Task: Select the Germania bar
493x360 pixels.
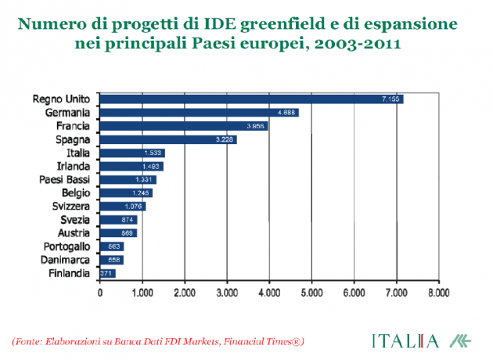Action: click(199, 113)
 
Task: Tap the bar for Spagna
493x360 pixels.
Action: click(168, 139)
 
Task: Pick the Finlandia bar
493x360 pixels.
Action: click(108, 273)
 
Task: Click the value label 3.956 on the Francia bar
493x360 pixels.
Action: click(255, 126)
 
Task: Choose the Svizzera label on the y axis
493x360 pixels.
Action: click(72, 206)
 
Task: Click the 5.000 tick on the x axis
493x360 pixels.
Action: click(311, 294)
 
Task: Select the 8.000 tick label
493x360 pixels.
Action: click(439, 294)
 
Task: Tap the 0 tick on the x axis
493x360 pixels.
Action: click(100, 294)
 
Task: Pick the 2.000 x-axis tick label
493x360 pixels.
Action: click(185, 294)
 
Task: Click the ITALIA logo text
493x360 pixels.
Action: click(405, 341)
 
